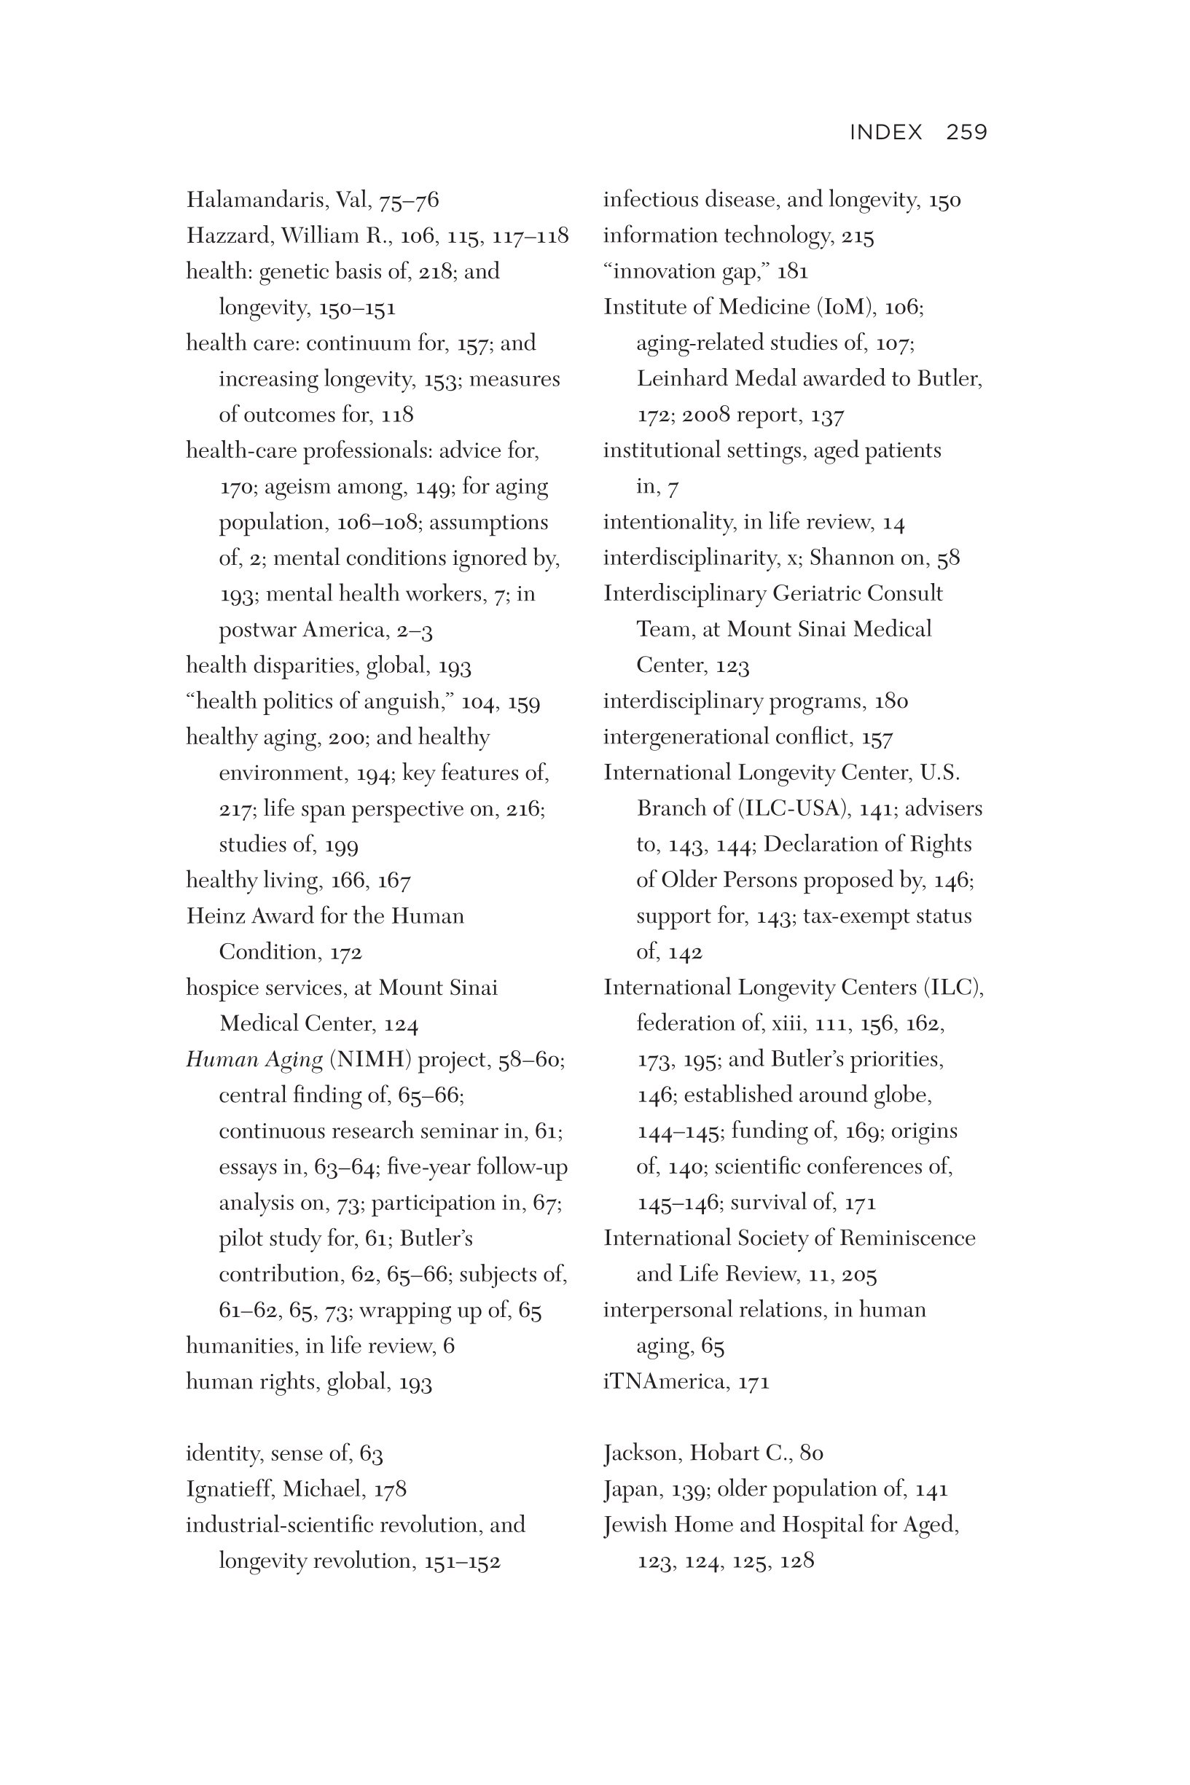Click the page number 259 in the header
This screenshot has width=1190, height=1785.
966,132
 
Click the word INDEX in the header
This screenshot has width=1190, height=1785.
885,132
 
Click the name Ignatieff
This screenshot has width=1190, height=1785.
230,1489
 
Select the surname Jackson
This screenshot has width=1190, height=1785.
642,1453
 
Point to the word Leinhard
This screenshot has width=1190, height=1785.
679,379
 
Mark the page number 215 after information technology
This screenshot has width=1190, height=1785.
858,236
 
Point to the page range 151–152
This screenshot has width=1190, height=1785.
462,1561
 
